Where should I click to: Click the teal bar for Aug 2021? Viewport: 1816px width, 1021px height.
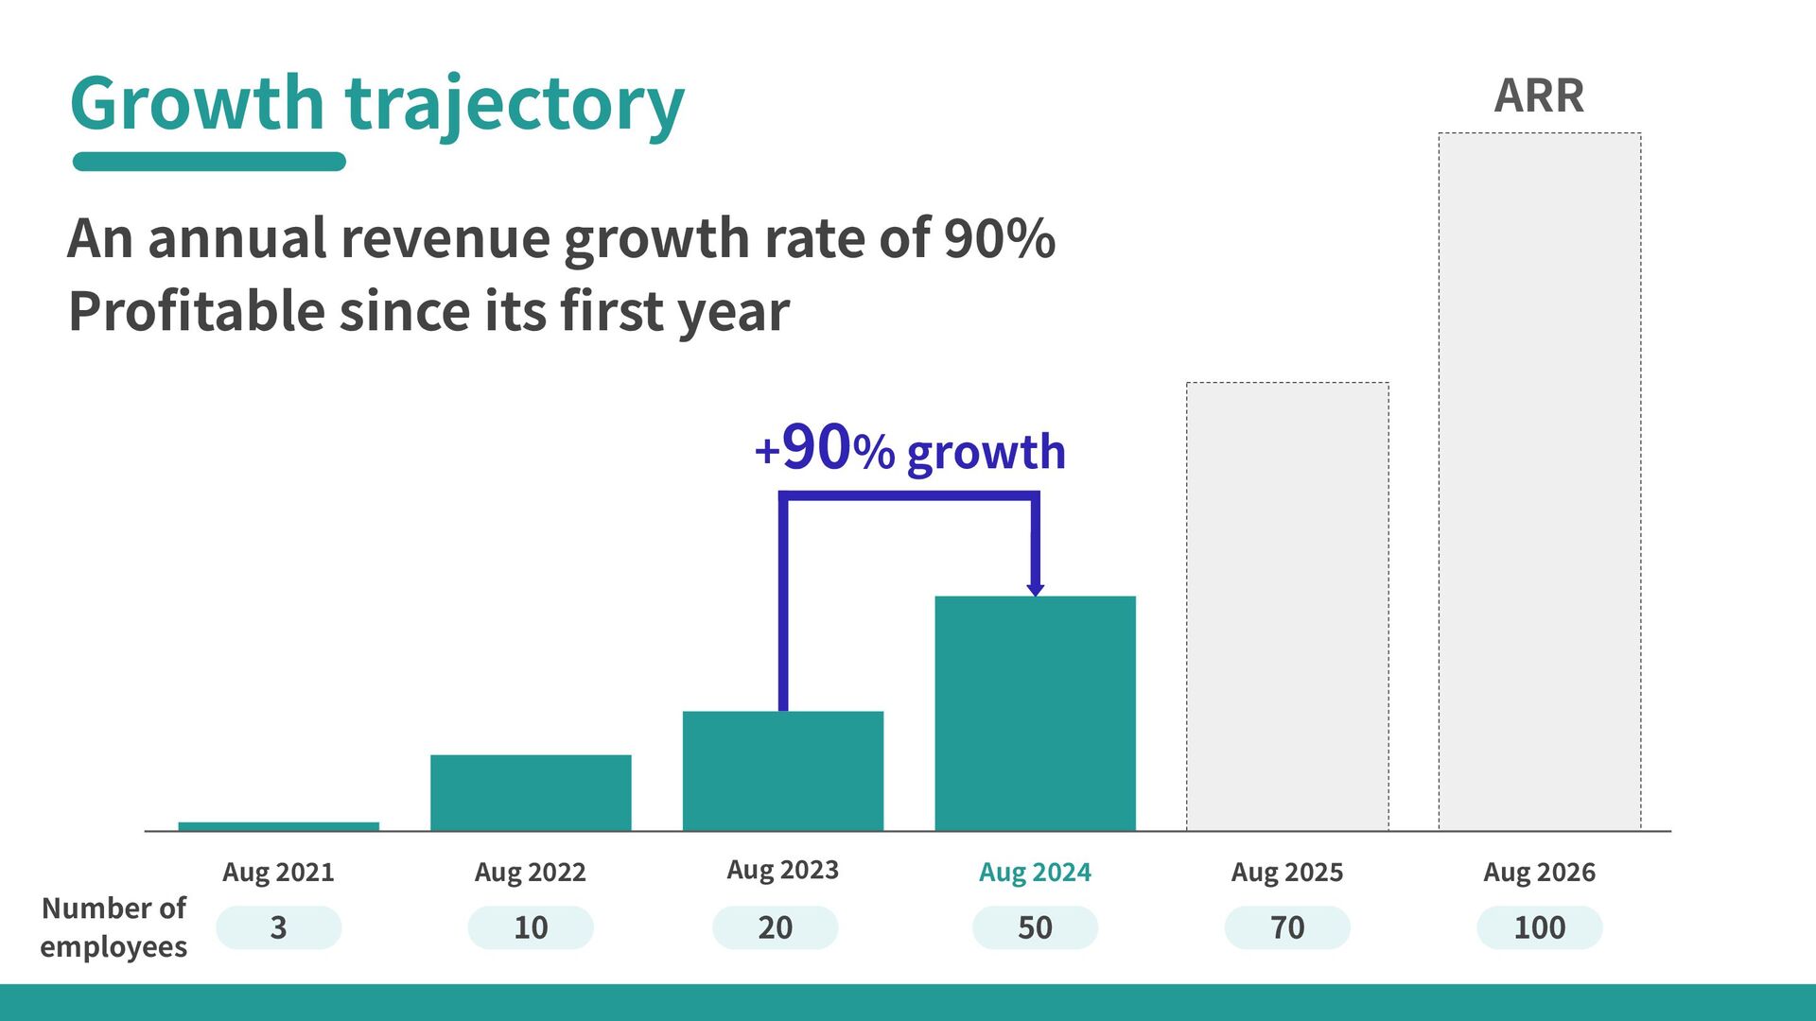279,826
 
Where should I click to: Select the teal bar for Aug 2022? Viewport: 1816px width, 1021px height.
531,792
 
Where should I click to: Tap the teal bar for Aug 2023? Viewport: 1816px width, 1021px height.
783,770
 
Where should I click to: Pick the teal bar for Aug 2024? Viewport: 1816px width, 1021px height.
1036,713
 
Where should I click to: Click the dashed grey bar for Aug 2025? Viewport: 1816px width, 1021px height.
1288,606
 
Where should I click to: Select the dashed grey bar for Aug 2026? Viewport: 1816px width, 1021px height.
1540,481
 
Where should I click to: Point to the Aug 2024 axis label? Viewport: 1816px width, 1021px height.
1035,872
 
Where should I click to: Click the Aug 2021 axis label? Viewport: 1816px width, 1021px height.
278,872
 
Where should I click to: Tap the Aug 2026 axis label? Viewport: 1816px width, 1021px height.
1540,872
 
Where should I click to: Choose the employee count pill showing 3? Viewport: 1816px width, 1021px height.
278,927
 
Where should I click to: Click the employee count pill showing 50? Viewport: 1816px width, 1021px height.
1035,927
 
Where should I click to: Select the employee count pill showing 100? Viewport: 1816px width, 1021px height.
1540,927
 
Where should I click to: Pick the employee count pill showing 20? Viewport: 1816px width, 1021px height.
776,927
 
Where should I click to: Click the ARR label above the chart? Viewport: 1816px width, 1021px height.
1540,95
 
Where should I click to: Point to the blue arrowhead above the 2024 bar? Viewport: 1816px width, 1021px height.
1036,588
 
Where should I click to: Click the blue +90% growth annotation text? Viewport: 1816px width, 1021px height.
910,448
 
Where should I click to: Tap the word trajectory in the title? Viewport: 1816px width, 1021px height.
515,106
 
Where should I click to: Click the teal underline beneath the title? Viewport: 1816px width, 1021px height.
209,162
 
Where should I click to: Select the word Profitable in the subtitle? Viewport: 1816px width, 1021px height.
197,311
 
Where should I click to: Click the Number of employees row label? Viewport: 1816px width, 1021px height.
113,927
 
